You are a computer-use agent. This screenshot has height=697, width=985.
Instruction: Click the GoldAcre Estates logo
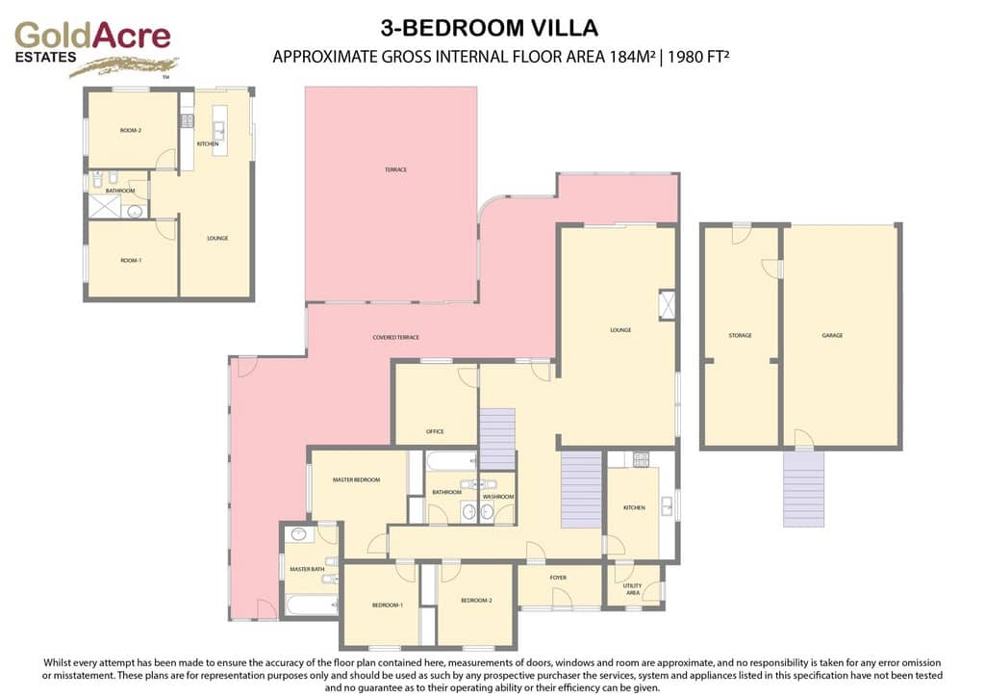[92, 45]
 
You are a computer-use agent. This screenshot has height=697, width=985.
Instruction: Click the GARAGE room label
[832, 335]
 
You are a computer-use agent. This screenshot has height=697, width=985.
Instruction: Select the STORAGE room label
[740, 335]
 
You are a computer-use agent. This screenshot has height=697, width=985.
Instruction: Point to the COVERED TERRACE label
[396, 337]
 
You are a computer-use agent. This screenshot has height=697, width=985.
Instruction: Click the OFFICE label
[435, 431]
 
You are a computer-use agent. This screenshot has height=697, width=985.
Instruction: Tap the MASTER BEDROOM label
[356, 479]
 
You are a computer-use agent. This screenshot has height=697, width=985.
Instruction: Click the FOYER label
[558, 578]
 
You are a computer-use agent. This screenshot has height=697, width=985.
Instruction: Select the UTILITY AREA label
[632, 589]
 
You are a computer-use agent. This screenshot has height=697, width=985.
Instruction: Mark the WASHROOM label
[498, 497]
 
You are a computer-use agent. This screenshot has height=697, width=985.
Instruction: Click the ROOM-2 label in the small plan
[131, 130]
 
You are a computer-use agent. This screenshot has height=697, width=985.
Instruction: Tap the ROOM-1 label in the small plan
[131, 260]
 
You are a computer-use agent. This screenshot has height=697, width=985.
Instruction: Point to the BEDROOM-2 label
[476, 601]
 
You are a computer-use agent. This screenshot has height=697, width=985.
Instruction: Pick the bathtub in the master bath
[311, 606]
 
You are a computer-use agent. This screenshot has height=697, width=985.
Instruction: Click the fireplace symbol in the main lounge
[667, 304]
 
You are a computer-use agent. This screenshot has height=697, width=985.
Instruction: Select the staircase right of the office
[497, 438]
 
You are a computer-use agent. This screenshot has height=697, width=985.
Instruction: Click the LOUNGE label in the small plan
[217, 238]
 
